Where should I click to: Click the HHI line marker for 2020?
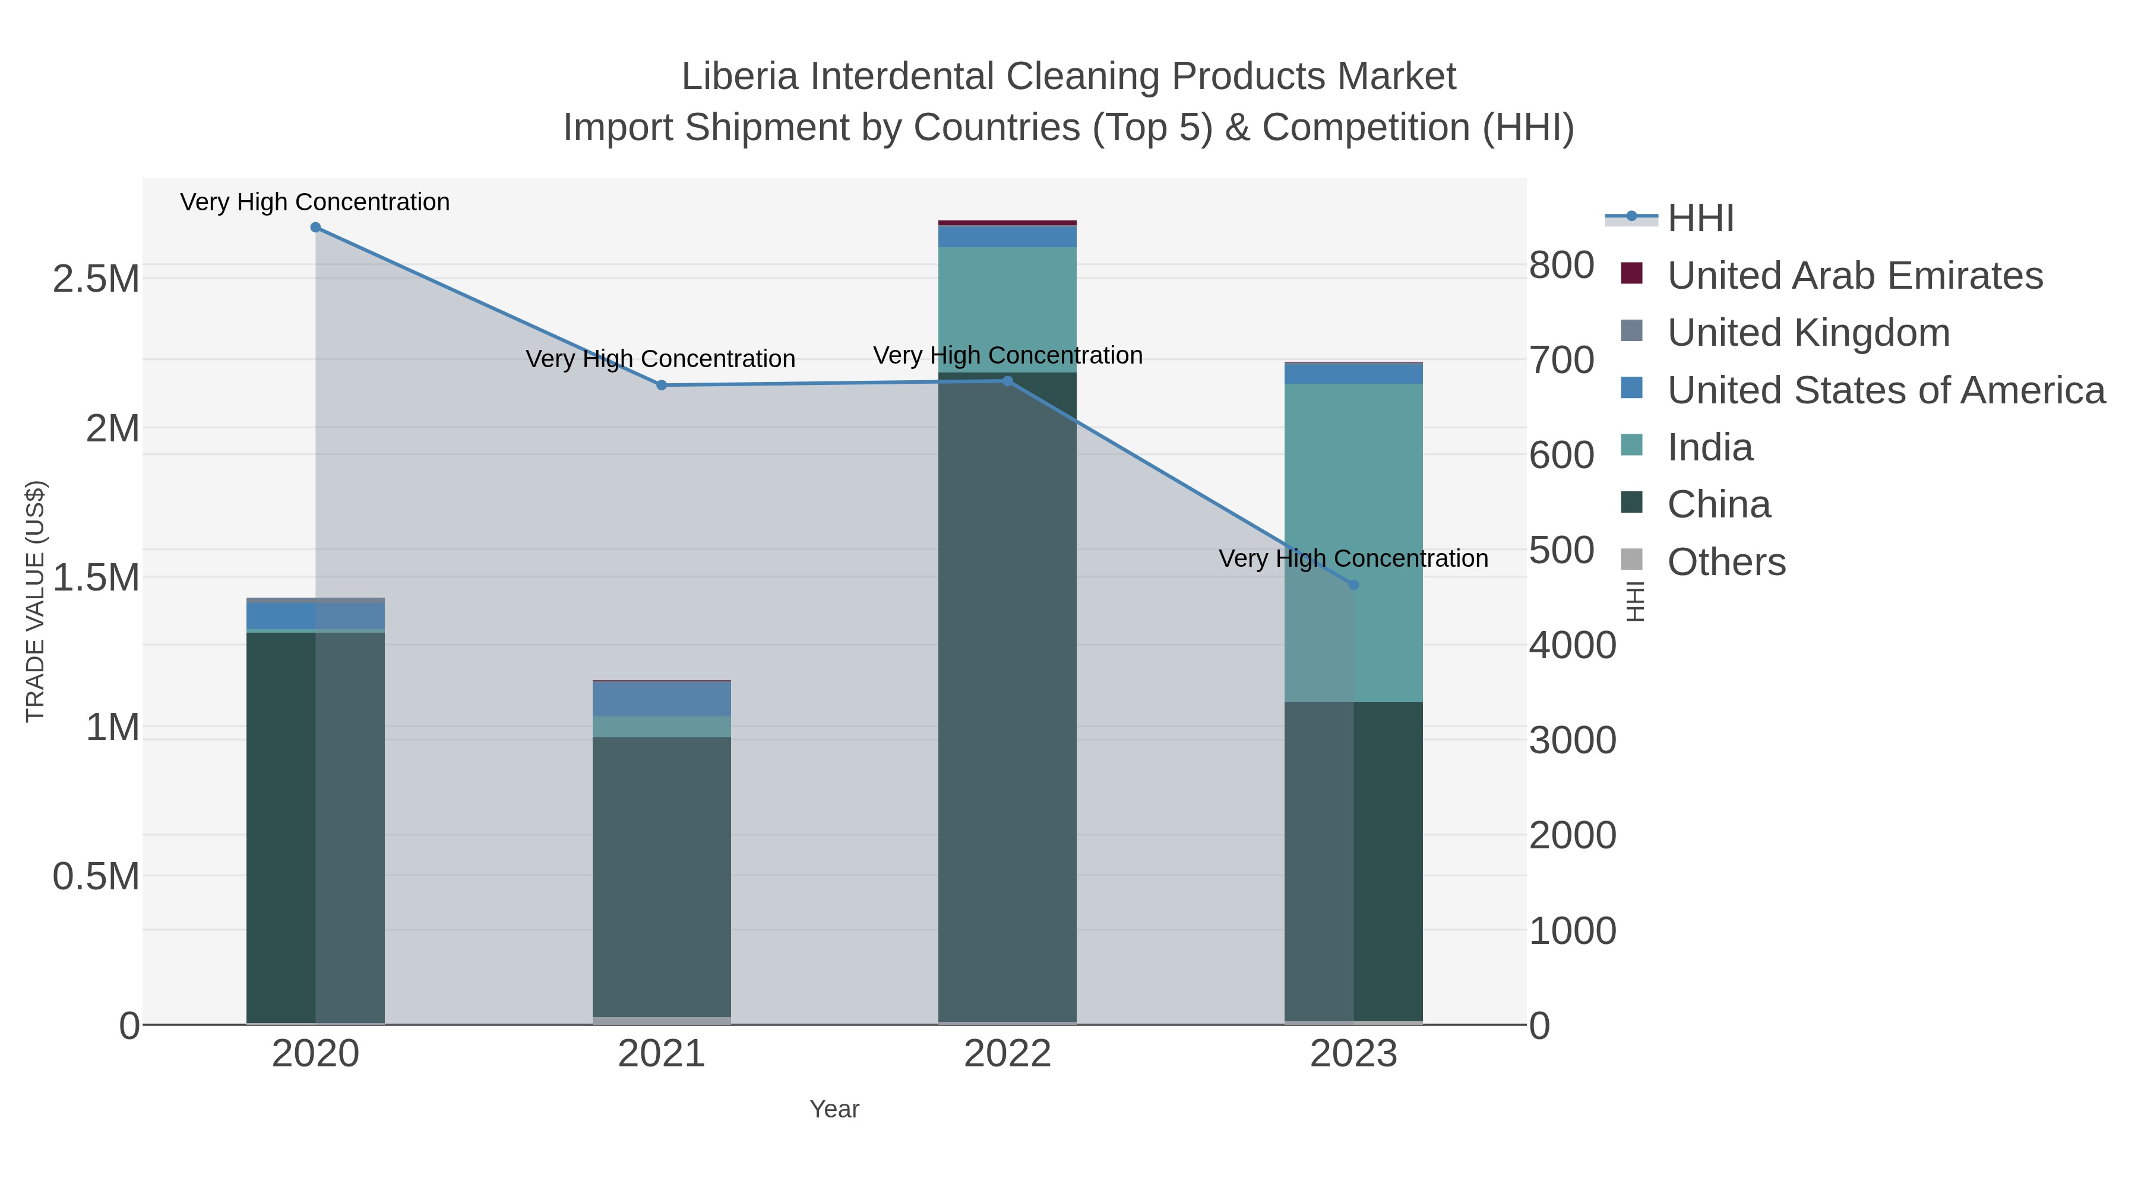315,228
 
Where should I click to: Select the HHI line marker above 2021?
662,385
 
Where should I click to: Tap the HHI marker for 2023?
1353,585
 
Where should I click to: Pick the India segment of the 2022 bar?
1008,307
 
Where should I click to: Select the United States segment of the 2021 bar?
662,698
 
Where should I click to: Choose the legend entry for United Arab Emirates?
1854,276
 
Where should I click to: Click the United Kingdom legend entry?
1808,333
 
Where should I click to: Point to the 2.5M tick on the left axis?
96,280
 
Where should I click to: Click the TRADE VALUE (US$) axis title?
36,601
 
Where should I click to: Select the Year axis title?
834,1109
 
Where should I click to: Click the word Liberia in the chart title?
741,77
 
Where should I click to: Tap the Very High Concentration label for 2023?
1353,559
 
